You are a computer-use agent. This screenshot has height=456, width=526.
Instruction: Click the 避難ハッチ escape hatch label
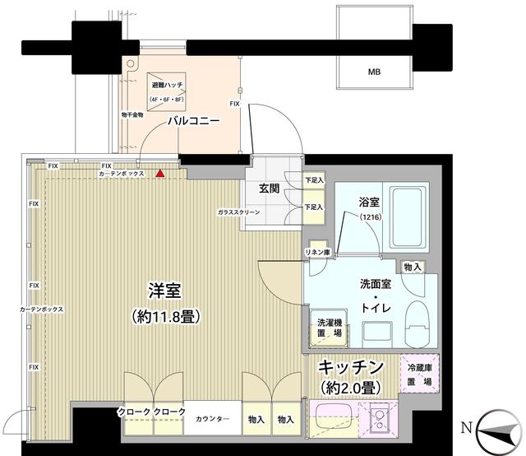167,86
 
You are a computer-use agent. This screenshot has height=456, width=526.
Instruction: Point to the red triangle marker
160,174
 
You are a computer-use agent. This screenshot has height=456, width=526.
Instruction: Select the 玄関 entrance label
270,188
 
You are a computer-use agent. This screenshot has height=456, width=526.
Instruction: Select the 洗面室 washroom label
375,284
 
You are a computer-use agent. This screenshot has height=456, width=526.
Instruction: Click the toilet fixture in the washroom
416,323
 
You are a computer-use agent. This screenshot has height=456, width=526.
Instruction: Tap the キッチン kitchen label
351,367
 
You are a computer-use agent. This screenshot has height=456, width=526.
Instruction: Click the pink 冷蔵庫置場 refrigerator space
420,375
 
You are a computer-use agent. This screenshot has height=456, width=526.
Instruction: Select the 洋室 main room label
164,291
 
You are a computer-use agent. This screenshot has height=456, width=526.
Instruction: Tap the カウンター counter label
212,420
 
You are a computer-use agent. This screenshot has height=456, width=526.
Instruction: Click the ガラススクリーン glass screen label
239,212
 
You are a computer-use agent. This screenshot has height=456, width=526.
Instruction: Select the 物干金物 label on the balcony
132,115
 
